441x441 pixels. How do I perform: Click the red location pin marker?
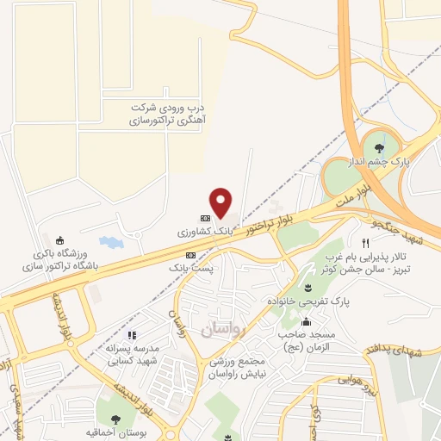222,202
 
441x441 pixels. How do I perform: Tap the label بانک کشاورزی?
206,233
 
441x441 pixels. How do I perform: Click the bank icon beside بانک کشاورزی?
205,218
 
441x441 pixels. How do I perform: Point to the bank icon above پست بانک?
190,255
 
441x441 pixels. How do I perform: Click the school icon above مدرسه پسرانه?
131,335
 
